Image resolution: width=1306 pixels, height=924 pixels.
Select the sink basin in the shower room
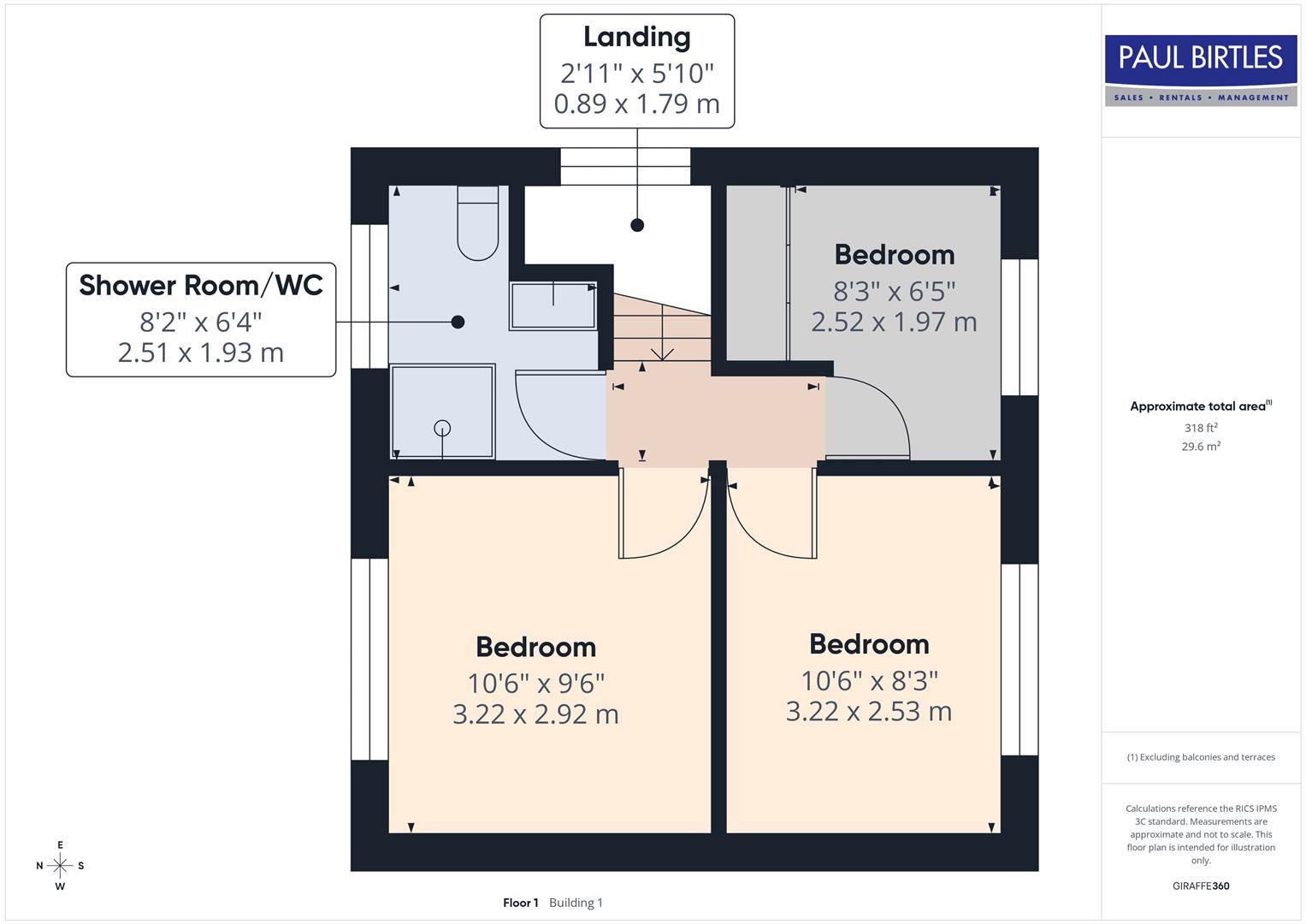(x=553, y=305)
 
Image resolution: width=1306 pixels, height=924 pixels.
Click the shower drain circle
(x=442, y=428)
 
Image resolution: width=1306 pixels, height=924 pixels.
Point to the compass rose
(x=60, y=866)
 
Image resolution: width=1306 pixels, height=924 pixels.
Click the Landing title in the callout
(x=636, y=37)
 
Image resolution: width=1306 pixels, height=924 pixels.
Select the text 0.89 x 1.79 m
(x=636, y=104)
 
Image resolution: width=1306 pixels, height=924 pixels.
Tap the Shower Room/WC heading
(x=201, y=285)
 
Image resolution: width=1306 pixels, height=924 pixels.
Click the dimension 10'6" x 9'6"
(x=535, y=683)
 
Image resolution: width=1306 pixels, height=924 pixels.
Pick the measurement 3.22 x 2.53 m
(x=868, y=711)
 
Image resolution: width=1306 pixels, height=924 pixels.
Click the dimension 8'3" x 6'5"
(x=894, y=291)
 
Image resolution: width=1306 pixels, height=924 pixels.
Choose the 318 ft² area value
(x=1201, y=428)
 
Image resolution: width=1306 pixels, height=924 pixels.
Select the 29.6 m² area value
(x=1201, y=446)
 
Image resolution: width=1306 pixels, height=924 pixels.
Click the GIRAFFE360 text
(x=1201, y=885)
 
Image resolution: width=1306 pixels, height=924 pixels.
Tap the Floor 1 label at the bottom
(x=520, y=903)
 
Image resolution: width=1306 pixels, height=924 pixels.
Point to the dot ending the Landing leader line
(x=637, y=225)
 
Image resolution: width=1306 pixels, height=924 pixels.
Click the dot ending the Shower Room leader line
(x=458, y=322)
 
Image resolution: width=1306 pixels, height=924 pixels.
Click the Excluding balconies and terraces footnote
(x=1201, y=757)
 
